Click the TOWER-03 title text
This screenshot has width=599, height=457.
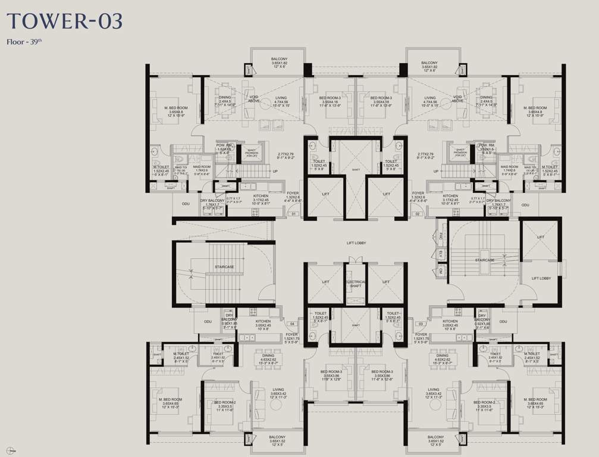(x=65, y=21)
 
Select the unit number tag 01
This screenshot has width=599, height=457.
(x=293, y=212)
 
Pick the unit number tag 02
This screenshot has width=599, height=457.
(x=418, y=212)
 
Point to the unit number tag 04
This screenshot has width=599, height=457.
(x=291, y=324)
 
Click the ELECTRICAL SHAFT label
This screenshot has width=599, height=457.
(x=356, y=283)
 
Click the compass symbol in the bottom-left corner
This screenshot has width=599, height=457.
(x=8, y=448)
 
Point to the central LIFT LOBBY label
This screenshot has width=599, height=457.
(x=356, y=243)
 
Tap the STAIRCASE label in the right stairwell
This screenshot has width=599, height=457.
(x=485, y=260)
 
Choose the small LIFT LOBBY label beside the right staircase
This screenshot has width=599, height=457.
(x=541, y=278)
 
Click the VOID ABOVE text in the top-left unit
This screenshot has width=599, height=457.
(x=253, y=99)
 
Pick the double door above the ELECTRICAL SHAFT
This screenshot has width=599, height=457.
(x=355, y=259)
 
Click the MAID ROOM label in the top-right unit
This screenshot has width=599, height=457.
(x=509, y=168)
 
